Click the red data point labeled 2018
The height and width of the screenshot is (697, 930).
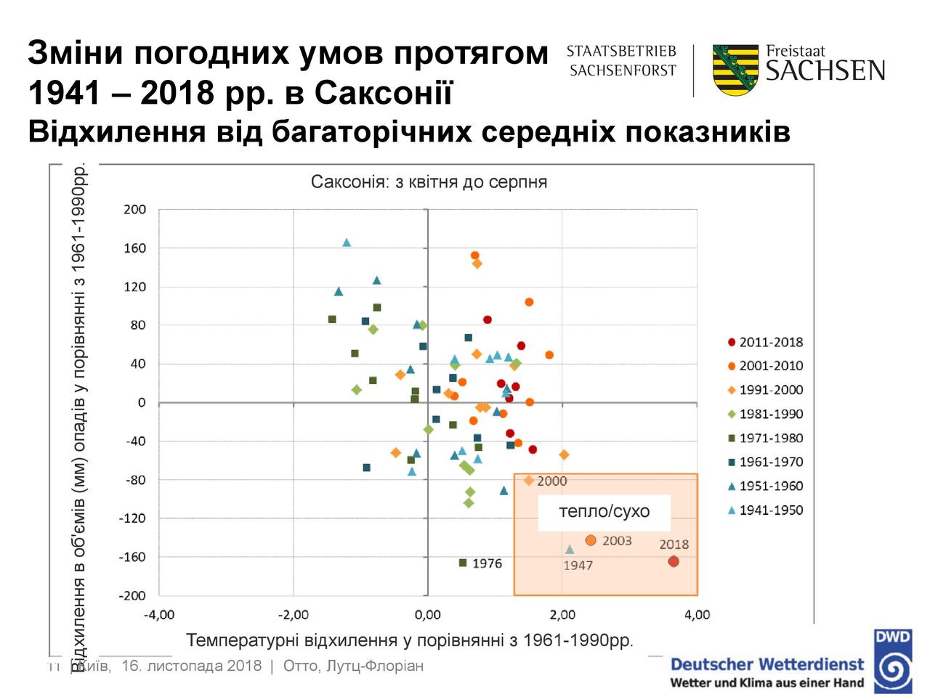click(x=674, y=561)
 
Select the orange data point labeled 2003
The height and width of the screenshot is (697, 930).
click(x=591, y=540)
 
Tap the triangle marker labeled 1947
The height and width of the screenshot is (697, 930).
click(x=570, y=550)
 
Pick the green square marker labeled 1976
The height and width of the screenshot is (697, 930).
click(x=463, y=563)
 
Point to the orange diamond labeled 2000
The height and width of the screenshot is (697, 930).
click(x=529, y=481)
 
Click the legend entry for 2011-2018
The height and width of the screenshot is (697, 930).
click(x=765, y=342)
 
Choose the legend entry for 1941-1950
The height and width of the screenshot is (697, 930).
click(x=765, y=510)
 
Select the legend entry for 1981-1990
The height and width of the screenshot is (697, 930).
click(x=765, y=414)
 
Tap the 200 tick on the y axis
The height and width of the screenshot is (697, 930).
click(x=135, y=209)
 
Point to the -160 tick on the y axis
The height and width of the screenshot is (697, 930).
click(x=133, y=557)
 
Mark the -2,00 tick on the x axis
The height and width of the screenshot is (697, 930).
click(x=293, y=615)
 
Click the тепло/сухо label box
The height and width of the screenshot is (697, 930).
click(x=604, y=511)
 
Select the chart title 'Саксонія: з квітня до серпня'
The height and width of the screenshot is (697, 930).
click(x=429, y=182)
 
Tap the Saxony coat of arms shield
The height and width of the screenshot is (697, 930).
click(x=735, y=70)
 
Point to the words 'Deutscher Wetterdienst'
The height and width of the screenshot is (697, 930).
click(x=767, y=664)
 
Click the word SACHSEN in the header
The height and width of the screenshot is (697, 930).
click(x=825, y=70)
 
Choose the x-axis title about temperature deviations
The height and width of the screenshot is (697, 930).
click(x=410, y=640)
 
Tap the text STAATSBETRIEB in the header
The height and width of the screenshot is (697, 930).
click(x=621, y=52)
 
